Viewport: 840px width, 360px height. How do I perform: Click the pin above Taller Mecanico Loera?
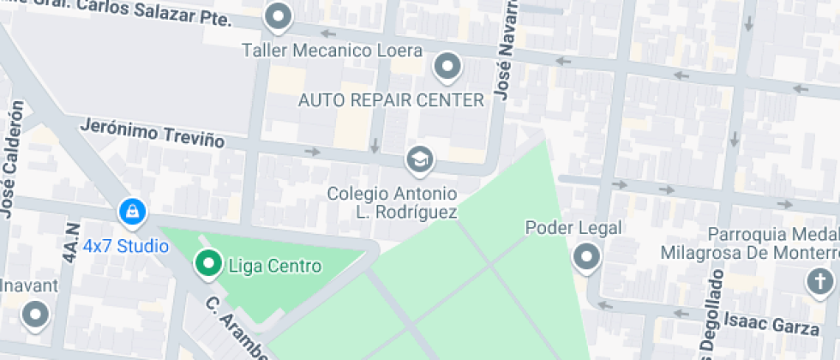coord(278,15)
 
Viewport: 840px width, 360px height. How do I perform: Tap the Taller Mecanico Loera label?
coord(332,50)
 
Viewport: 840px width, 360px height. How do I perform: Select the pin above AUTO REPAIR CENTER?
coord(447,65)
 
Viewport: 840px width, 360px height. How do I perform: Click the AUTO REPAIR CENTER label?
coord(391,100)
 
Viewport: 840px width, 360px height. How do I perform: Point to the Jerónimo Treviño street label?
coord(152,133)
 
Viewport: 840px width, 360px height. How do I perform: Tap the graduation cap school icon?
coord(419,159)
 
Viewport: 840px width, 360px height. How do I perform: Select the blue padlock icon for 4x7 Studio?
coord(132,211)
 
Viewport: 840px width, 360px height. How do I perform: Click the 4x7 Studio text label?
coord(125,247)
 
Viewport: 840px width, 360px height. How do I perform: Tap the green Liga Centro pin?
coord(207,264)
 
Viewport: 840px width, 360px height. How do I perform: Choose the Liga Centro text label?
coord(275,266)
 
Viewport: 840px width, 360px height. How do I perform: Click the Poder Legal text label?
coord(573,228)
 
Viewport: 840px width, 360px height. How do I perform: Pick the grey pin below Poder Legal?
coord(587,256)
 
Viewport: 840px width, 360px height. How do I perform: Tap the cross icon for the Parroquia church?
coord(820,280)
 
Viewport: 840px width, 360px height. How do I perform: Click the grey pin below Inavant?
coord(35,315)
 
